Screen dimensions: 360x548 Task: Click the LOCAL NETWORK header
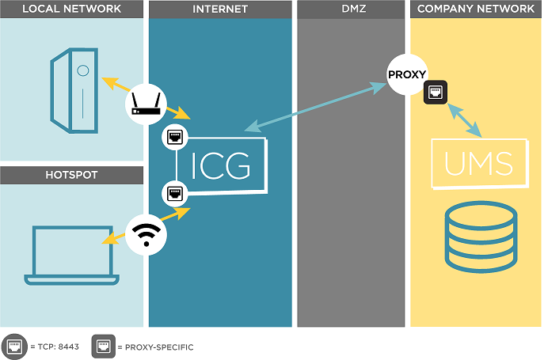72,9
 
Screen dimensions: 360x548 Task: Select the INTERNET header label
220,9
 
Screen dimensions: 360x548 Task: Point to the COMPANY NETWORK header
476,9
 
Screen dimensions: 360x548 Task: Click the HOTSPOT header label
72,175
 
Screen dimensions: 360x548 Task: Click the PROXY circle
406,75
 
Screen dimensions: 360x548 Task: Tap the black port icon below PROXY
435,93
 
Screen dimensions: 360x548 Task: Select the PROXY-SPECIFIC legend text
155,347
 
